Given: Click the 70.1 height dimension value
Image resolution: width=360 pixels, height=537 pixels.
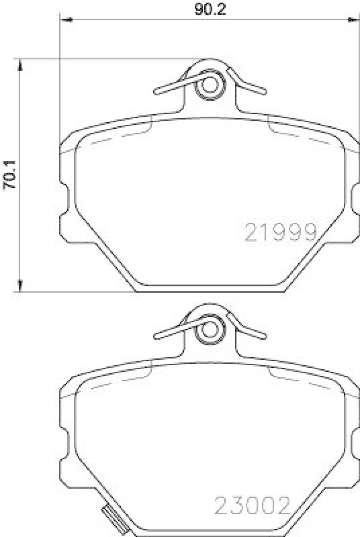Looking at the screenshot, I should [9, 177].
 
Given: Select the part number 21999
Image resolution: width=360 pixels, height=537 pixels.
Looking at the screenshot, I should [280, 232].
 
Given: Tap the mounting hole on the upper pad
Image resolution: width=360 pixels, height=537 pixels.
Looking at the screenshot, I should [210, 85].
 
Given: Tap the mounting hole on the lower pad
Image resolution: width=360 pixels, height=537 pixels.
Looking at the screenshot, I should [210, 328].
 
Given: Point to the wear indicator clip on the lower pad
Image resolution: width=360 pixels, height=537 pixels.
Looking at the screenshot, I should [111, 518].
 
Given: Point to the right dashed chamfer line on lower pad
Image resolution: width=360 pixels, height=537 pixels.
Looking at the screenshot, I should [302, 385].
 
